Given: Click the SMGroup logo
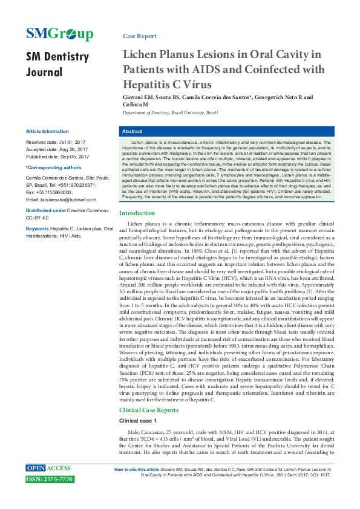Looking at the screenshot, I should coord(59,34).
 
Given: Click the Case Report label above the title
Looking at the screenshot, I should coord(139,36).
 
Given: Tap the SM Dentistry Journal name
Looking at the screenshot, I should coord(57,65).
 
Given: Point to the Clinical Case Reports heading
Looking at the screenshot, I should coord(149,410).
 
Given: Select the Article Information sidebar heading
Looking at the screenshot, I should coord(47,131).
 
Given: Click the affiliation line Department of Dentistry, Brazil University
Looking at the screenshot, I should coord(170,113).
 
